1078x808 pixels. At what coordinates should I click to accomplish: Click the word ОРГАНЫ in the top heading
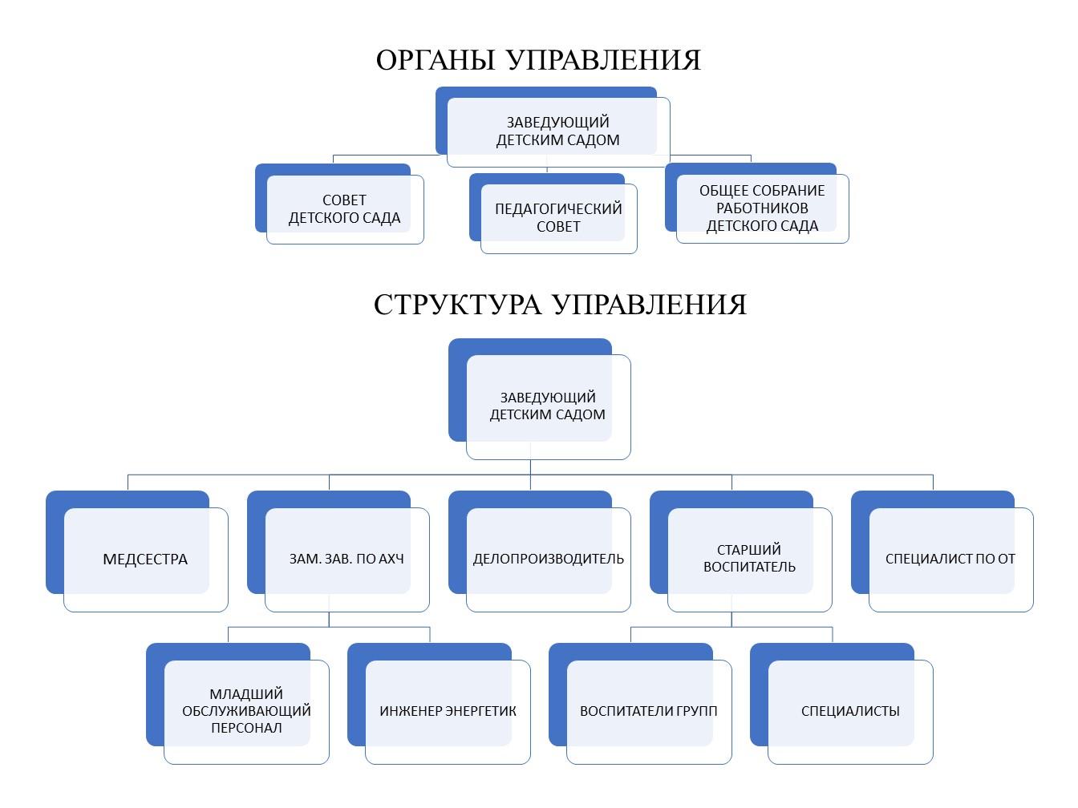click(x=435, y=60)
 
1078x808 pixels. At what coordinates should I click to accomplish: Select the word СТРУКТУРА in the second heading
click(x=458, y=305)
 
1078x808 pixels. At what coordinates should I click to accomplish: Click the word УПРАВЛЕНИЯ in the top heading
click(x=603, y=60)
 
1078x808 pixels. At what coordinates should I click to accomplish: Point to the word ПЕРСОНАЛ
click(x=246, y=728)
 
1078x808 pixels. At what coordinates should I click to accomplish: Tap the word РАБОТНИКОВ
click(x=762, y=208)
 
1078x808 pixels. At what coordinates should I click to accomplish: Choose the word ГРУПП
click(x=694, y=711)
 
